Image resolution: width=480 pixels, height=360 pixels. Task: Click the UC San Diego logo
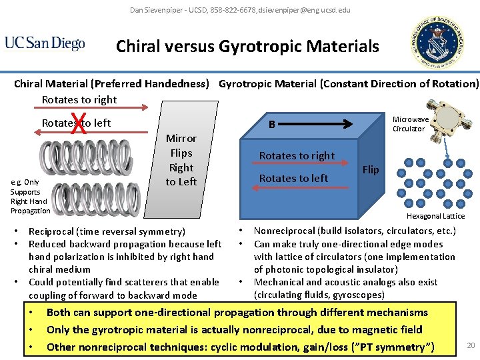[x=45, y=43]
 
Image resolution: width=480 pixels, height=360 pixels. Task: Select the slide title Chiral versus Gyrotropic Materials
[x=247, y=46]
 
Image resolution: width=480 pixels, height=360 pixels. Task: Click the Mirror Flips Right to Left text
[x=181, y=160]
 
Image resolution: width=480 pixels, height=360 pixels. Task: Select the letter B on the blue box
[x=272, y=124]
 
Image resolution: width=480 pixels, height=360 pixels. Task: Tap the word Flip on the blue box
[x=371, y=169]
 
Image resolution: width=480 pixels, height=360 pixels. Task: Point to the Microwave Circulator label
[x=410, y=124]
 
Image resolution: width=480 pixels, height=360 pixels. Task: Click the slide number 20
[x=471, y=345]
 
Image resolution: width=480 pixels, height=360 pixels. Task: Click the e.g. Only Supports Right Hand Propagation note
[x=29, y=196]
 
